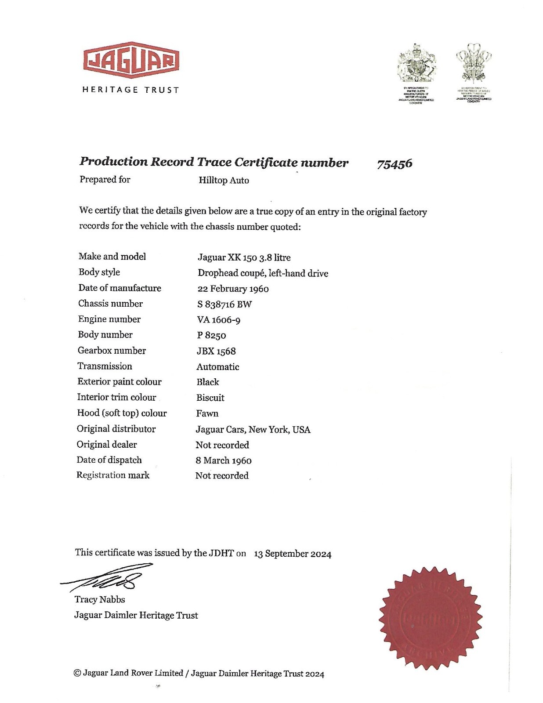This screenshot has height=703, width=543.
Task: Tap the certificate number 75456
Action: pos(395,164)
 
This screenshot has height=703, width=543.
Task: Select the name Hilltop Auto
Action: pos(224,180)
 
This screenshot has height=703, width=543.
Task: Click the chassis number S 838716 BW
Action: pos(224,304)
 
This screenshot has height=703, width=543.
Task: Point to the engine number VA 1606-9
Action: pos(218,320)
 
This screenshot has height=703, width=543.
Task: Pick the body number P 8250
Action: pos(211,335)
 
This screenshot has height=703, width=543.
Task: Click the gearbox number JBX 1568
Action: pos(216,351)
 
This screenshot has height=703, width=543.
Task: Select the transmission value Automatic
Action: pos(218,366)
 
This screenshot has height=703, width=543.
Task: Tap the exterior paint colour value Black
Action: pos(208,382)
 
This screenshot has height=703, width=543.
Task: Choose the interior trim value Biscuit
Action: pos(210,398)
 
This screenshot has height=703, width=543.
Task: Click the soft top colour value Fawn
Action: pos(207,413)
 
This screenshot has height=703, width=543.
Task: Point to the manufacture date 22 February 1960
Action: pos(233,289)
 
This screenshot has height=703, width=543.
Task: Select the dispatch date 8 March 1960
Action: pos(224,460)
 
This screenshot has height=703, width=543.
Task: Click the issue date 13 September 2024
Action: pos(293,554)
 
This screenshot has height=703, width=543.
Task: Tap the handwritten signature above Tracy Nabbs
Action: pos(108,579)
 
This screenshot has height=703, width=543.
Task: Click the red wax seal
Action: pos(430,618)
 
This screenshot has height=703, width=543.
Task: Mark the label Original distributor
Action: pos(116,429)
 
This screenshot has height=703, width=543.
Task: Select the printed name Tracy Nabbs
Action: pos(100,599)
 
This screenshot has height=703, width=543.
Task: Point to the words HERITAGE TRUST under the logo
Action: pos(131,90)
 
